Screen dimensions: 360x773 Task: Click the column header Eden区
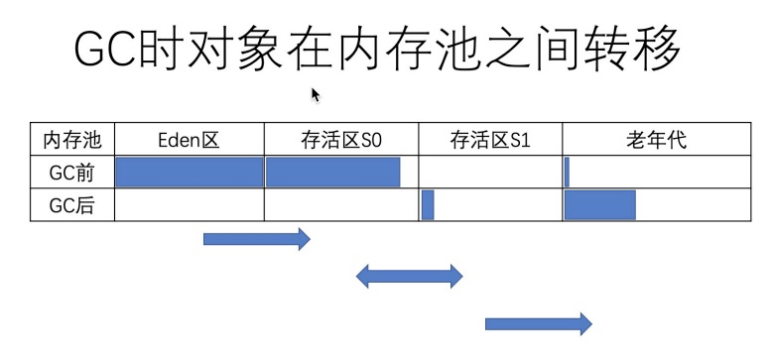coord(188,140)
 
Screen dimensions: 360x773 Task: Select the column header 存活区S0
coord(340,140)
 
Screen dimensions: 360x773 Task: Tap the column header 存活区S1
coord(489,140)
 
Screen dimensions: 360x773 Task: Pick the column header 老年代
coord(656,140)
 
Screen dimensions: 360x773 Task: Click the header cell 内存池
coord(72,140)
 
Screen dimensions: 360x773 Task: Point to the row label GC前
coord(72,172)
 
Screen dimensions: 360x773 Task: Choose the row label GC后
coord(72,205)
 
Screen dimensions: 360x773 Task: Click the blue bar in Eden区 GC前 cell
coord(190,172)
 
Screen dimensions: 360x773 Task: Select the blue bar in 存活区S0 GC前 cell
coord(332,172)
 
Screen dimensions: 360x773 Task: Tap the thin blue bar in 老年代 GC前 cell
coord(567,172)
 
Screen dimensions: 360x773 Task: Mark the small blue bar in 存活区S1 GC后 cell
coord(428,205)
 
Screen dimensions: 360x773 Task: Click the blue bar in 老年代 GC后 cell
coord(599,205)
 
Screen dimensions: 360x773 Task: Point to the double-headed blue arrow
coord(409,277)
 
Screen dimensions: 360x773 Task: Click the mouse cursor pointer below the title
coord(316,94)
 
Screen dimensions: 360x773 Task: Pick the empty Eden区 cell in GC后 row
coord(190,205)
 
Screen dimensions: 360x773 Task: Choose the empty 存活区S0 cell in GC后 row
coord(340,205)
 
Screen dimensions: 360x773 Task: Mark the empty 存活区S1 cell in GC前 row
coord(490,172)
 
